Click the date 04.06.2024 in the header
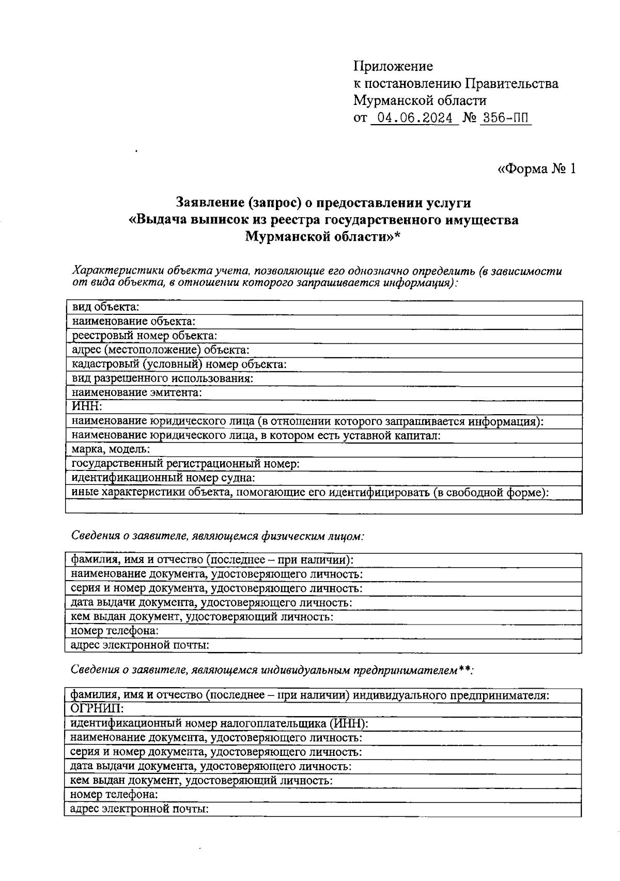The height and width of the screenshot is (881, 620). pyautogui.click(x=415, y=118)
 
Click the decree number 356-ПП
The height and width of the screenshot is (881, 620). pyautogui.click(x=505, y=118)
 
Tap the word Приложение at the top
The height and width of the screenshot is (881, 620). pyautogui.click(x=393, y=66)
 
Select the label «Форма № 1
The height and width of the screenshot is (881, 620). pyautogui.click(x=536, y=169)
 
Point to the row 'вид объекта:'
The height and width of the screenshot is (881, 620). pyautogui.click(x=105, y=307)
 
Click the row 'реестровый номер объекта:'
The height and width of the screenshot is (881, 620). pyautogui.click(x=144, y=336)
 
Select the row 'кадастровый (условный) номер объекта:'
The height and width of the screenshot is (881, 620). pyautogui.click(x=179, y=364)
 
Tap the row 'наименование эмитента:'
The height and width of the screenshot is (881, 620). pyautogui.click(x=136, y=392)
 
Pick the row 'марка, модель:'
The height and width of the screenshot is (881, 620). pyautogui.click(x=111, y=449)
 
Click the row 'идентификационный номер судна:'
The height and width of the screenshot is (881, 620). pyautogui.click(x=163, y=478)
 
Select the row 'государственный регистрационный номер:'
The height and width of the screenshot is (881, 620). pyautogui.click(x=185, y=464)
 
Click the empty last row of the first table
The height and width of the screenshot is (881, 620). pyautogui.click(x=323, y=506)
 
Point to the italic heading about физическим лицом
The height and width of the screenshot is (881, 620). pyautogui.click(x=217, y=536)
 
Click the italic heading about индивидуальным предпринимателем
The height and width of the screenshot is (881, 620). pyautogui.click(x=272, y=670)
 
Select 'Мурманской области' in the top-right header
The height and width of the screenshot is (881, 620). pyautogui.click(x=420, y=100)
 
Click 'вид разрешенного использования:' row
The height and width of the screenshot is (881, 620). pyautogui.click(x=162, y=378)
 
